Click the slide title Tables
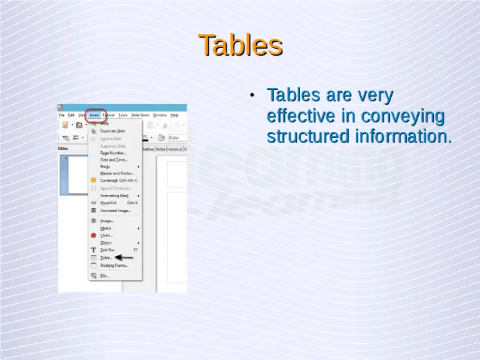pyautogui.click(x=240, y=45)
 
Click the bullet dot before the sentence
pyautogui.click(x=251, y=96)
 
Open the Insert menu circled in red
pyautogui.click(x=94, y=115)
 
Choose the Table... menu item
pyautogui.click(x=106, y=257)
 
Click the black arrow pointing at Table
pyautogui.click(x=124, y=257)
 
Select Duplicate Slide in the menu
pyautogui.click(x=112, y=131)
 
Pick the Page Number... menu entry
pyautogui.click(x=113, y=152)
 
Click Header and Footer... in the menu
pyautogui.click(x=116, y=173)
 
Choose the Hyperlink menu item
pyautogui.click(x=109, y=202)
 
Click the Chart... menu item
pyautogui.click(x=106, y=236)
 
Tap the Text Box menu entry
pyautogui.click(x=108, y=249)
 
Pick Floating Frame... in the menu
pyautogui.click(x=114, y=265)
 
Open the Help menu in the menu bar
pyautogui.click(x=174, y=115)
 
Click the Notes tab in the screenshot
pyautogui.click(x=161, y=149)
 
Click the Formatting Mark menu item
pyautogui.click(x=114, y=196)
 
